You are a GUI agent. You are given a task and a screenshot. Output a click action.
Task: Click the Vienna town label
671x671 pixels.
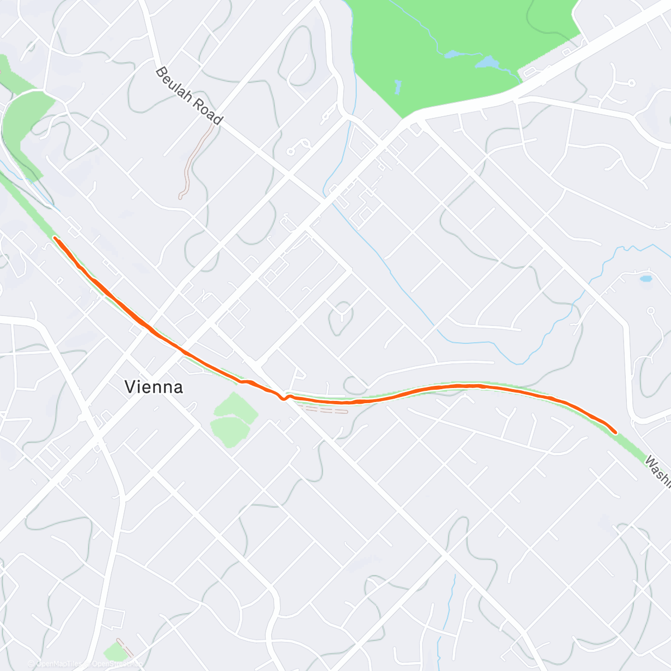click(154, 386)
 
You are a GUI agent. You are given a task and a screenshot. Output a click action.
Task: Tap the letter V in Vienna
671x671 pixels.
click(130, 386)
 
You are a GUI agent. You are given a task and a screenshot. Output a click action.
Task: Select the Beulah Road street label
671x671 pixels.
click(189, 96)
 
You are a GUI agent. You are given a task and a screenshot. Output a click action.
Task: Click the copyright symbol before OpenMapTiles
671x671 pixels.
click(32, 664)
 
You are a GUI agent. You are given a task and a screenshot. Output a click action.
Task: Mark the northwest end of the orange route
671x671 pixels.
click(55, 238)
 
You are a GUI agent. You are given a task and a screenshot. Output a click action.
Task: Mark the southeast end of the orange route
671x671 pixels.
click(616, 432)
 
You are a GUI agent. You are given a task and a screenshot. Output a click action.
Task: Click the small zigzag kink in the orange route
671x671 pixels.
click(285, 398)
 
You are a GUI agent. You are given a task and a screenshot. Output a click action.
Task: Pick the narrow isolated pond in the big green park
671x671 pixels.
click(398, 87)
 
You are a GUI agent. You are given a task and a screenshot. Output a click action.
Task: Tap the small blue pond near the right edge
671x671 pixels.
click(646, 278)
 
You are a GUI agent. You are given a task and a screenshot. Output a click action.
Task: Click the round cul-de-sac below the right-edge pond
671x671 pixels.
click(650, 310)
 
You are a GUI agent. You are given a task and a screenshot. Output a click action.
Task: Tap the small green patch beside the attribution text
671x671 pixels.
click(116, 651)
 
